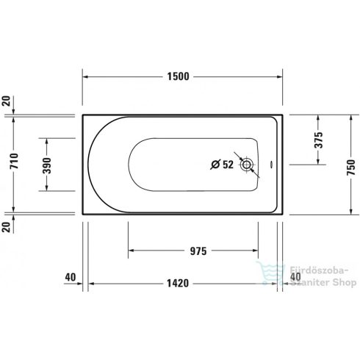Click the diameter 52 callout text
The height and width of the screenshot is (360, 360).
coord(221,165)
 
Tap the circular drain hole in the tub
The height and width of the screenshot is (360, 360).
coord(248,165)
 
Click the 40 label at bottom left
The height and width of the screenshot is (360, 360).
coord(71,277)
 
